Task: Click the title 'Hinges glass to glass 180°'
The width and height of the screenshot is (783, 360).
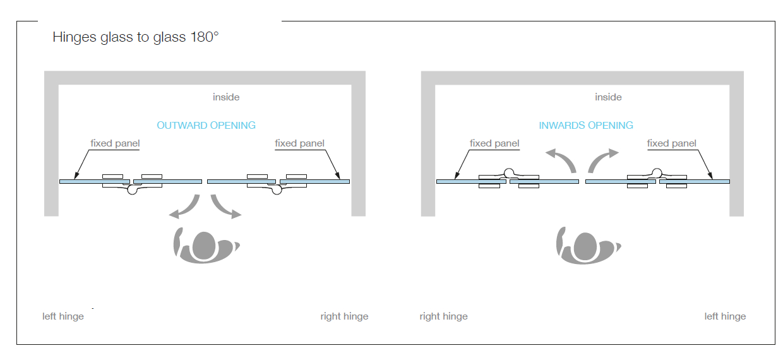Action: tap(136, 37)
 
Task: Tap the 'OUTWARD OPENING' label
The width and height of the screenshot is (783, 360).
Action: tap(206, 125)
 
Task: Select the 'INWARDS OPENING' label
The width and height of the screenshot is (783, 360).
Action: tap(586, 125)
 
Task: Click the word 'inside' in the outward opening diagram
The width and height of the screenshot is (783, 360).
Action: tap(226, 97)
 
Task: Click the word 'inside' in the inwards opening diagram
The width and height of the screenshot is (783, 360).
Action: tap(608, 97)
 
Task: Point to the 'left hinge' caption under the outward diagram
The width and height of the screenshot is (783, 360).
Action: tap(63, 316)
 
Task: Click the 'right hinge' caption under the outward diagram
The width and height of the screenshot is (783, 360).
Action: tap(344, 316)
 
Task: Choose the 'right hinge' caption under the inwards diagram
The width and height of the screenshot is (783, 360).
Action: tap(443, 316)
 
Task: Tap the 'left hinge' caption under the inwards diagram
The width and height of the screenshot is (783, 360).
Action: tap(725, 316)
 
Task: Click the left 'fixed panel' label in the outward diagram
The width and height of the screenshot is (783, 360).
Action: tap(115, 143)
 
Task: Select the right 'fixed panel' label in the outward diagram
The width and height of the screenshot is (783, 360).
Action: tap(299, 143)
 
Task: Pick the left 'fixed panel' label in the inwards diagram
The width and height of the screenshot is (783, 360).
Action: tap(494, 143)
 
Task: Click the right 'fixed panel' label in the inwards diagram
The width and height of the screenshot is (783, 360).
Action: tap(671, 143)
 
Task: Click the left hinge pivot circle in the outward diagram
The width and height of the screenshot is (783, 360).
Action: tap(132, 189)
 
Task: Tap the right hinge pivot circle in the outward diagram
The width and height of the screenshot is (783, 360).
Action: tap(277, 189)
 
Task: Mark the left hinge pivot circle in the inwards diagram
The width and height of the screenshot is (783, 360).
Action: tap(509, 173)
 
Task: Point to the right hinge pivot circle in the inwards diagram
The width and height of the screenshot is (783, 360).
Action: tap(657, 173)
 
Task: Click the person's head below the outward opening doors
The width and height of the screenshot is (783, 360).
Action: tap(204, 246)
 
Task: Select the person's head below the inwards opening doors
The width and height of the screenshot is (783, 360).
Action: tap(585, 246)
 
